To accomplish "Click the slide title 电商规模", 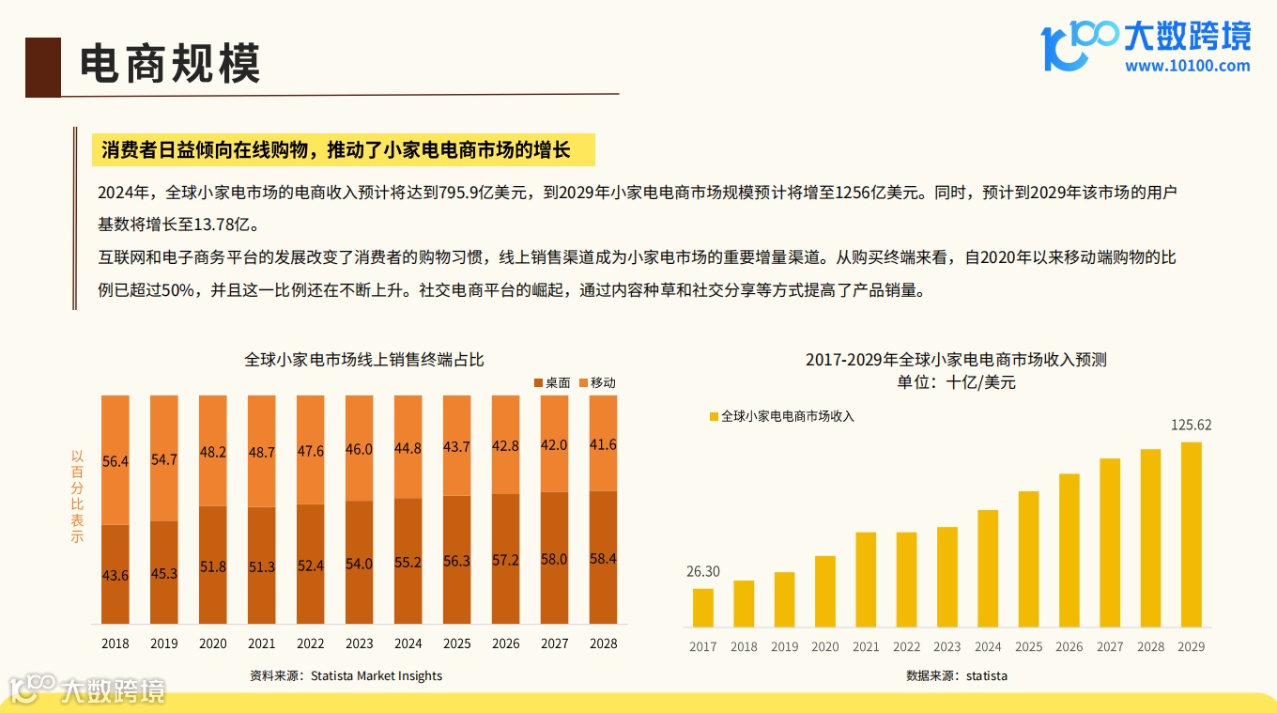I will [169, 65].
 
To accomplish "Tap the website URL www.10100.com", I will [1187, 66].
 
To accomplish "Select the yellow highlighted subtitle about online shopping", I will [335, 150].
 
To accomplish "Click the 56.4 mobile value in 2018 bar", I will [115, 461].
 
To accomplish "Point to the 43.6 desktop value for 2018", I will [115, 575].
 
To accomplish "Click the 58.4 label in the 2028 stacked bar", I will [603, 558].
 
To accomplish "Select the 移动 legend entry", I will [597, 382].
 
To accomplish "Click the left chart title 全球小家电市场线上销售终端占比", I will [364, 359].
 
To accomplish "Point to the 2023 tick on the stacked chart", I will [359, 643].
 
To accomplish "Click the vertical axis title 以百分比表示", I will [77, 496].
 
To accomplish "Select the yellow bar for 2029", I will [1191, 535].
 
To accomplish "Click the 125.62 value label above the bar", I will [1191, 425].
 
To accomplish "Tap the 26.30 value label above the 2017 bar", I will [702, 571].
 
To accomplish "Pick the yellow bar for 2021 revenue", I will [866, 580].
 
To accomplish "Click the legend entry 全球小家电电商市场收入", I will [781, 415].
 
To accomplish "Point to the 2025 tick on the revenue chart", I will [1028, 646].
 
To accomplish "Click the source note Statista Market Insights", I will [346, 675].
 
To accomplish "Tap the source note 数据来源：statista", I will [956, 675].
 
